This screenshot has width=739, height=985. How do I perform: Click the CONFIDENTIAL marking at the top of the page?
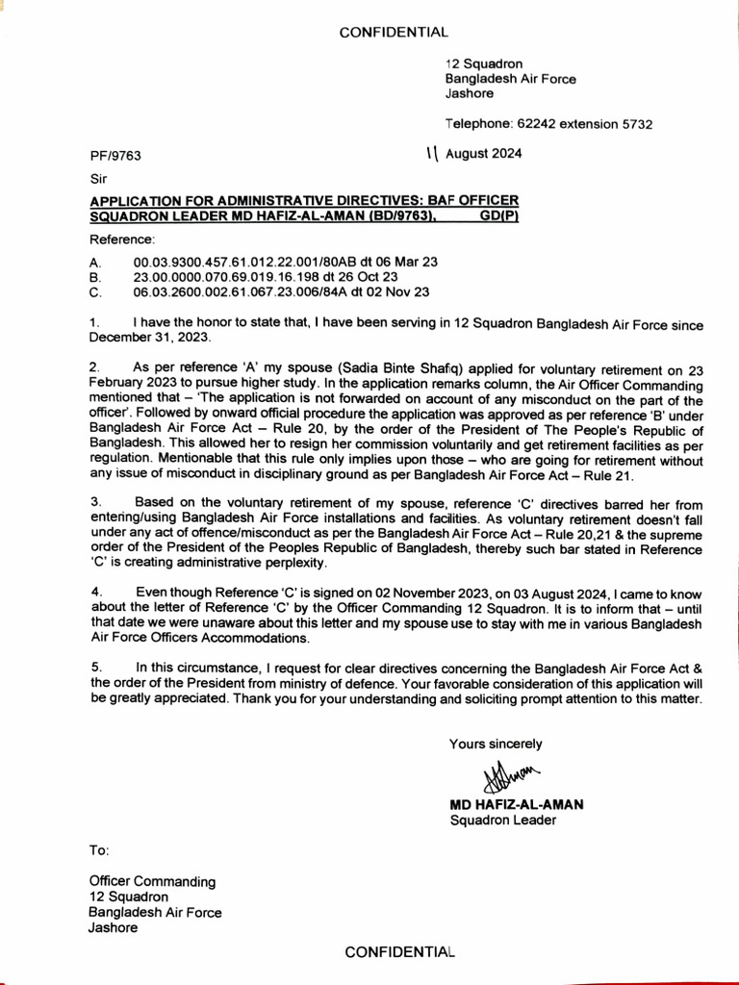pyautogui.click(x=395, y=33)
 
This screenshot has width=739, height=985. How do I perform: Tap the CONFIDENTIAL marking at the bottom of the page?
pyautogui.click(x=399, y=951)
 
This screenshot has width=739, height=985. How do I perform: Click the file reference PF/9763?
pyautogui.click(x=115, y=154)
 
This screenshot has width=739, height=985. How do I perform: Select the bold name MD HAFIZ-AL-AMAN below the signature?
pyautogui.click(x=517, y=804)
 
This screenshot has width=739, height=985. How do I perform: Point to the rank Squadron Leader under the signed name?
pyautogui.click(x=502, y=821)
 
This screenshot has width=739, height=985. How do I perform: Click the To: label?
pyautogui.click(x=100, y=850)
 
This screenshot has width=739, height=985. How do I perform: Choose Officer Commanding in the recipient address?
pyautogui.click(x=152, y=881)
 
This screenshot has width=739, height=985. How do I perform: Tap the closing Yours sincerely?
pyautogui.click(x=496, y=744)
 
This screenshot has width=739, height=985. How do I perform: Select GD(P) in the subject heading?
pyautogui.click(x=499, y=216)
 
